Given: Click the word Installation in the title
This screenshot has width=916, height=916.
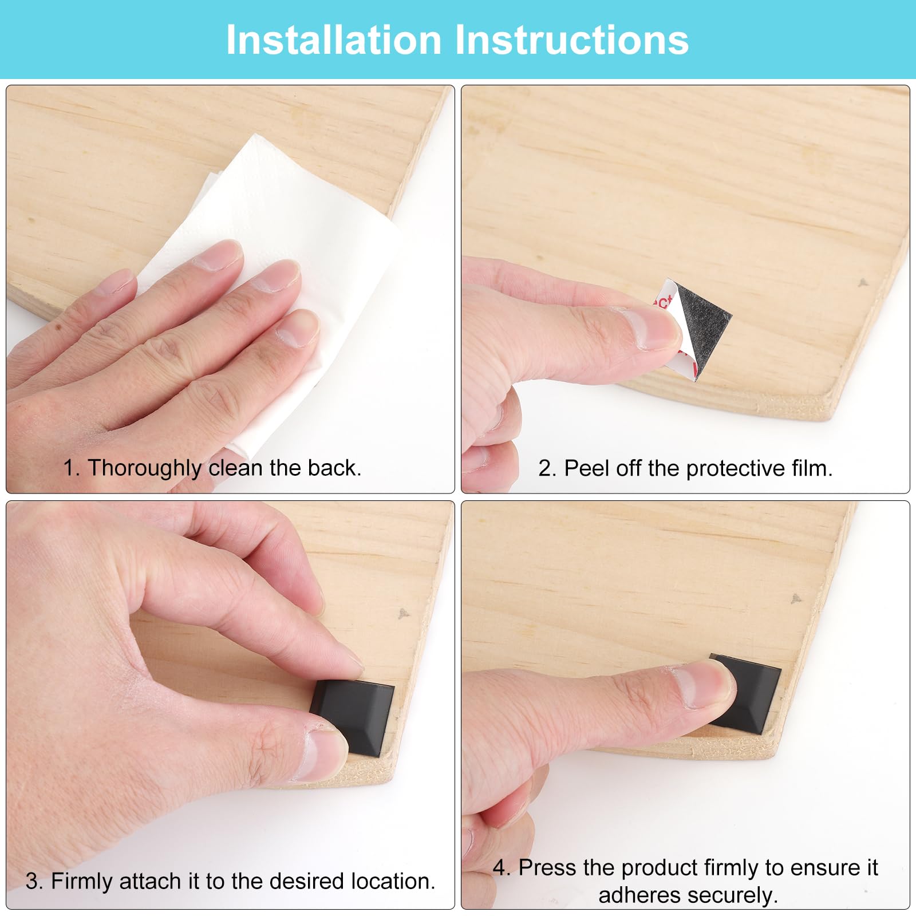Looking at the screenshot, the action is point(334,40).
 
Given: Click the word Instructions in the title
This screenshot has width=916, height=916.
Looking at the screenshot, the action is point(572,40).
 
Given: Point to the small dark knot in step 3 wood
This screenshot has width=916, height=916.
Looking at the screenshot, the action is point(404,613).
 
